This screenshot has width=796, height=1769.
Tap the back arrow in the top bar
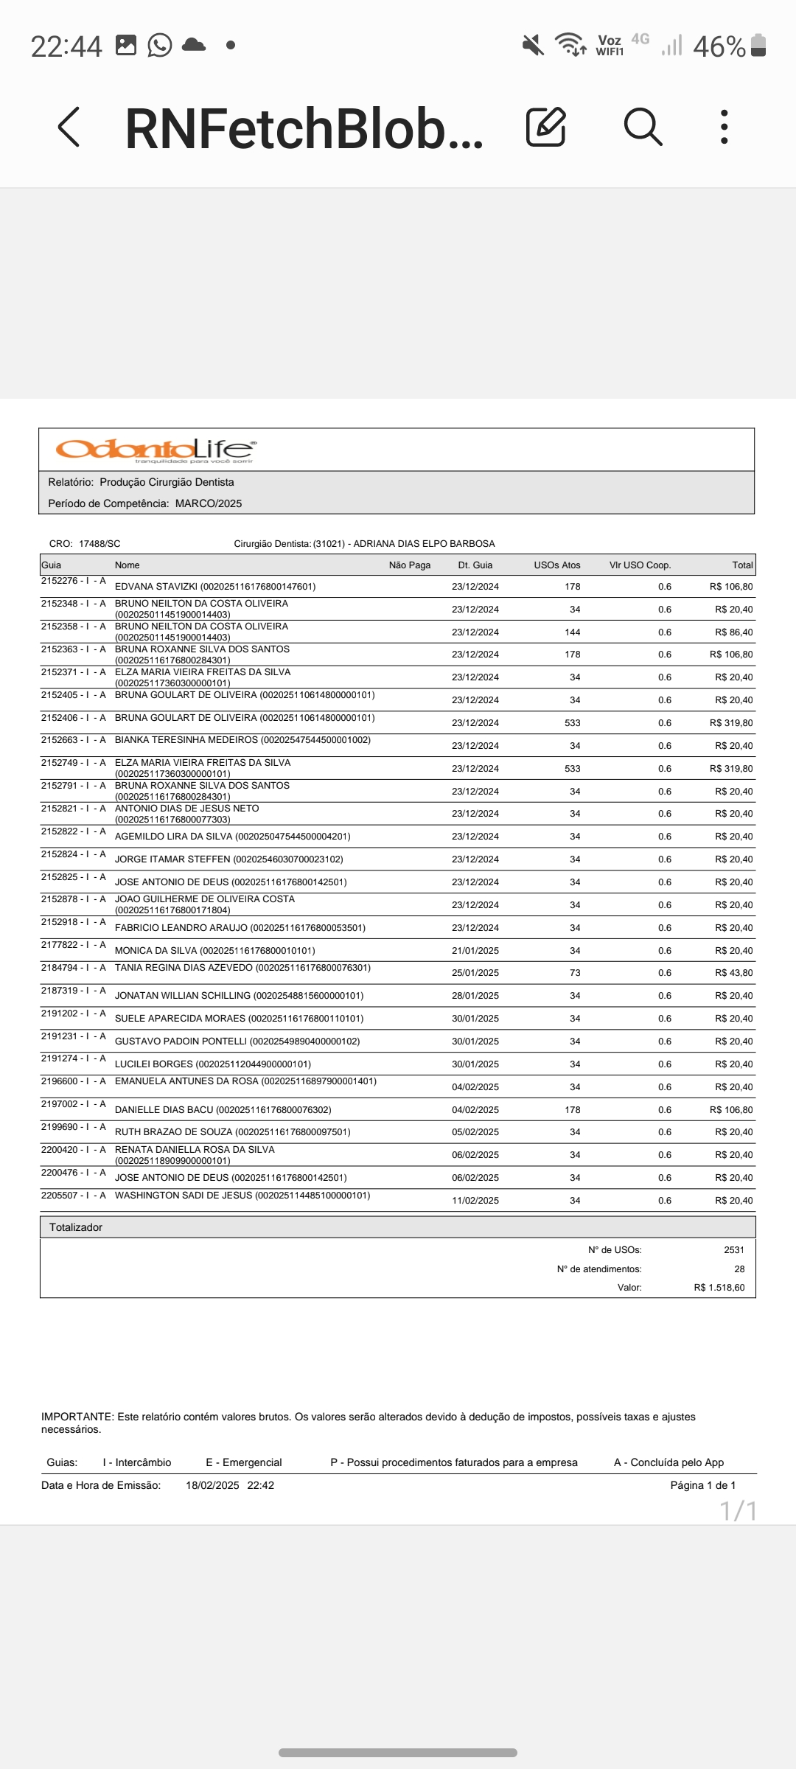69,127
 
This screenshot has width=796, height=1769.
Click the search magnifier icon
643,127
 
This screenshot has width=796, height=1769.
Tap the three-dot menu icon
725,127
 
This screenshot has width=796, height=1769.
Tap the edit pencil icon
546,127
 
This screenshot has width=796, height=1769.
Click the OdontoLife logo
156,450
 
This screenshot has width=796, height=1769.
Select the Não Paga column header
409,565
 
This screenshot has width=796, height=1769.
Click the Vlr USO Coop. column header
640,565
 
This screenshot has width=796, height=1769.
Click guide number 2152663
59,740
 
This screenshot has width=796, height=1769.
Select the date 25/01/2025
475,973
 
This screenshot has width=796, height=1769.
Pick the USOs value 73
575,973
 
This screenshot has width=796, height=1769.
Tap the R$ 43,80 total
733,973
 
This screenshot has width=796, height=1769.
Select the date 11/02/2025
475,1201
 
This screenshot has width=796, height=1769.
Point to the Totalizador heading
76,1227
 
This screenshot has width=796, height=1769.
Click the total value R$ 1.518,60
719,1288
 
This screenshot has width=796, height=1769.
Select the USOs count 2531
733,1250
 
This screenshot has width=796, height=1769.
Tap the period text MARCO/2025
209,503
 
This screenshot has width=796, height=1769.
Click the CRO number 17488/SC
99,544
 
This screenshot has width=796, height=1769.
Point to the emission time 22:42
260,1485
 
